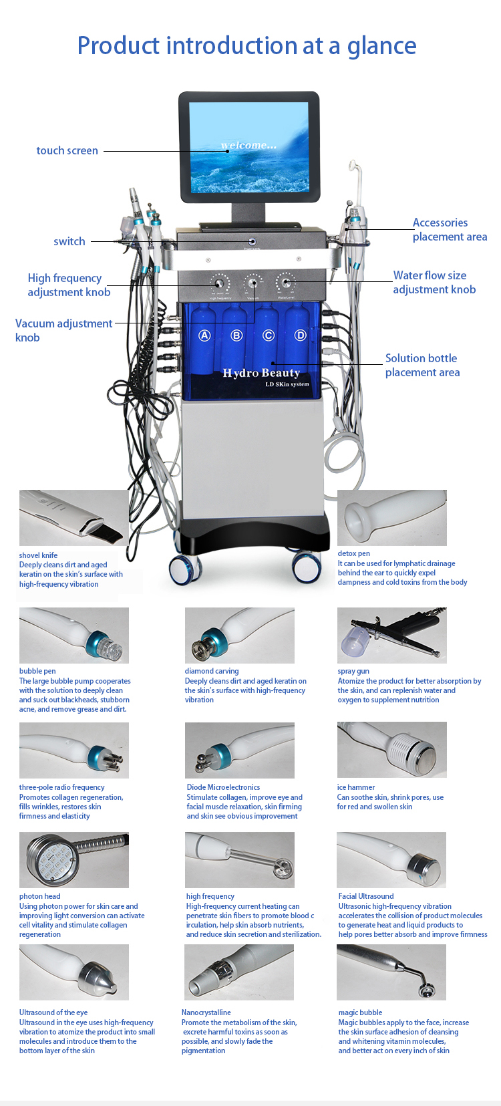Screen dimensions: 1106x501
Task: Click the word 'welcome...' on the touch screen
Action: pyautogui.click(x=248, y=145)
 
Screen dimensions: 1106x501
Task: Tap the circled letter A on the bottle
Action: pyautogui.click(x=204, y=335)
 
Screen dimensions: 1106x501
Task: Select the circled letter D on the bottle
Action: pyautogui.click(x=301, y=335)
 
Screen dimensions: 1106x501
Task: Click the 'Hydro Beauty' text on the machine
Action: pyautogui.click(x=261, y=373)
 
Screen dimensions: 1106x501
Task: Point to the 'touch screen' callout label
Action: pyautogui.click(x=67, y=151)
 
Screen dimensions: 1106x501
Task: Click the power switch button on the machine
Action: pyautogui.click(x=253, y=241)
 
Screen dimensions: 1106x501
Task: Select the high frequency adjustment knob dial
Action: pyautogui.click(x=219, y=283)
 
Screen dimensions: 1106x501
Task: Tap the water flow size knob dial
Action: pyautogui.click(x=286, y=283)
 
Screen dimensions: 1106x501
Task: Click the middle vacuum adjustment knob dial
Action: pyautogui.click(x=253, y=283)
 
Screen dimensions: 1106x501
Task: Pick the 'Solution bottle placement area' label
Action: pyautogui.click(x=422, y=366)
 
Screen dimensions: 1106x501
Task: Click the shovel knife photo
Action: pyautogui.click(x=73, y=518)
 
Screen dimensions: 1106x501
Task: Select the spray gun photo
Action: pyautogui.click(x=391, y=636)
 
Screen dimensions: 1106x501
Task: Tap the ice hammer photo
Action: pyautogui.click(x=391, y=750)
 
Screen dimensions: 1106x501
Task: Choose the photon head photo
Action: pyautogui.click(x=73, y=860)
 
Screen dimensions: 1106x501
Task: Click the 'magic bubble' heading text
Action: pyautogui.click(x=360, y=1012)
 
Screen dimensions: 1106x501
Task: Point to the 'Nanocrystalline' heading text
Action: pyautogui.click(x=206, y=1012)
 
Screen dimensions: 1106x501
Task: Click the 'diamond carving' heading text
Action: pyautogui.click(x=211, y=671)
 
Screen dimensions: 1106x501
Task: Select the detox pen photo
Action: pyautogui.click(x=391, y=518)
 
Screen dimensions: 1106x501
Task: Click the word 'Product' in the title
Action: pyautogui.click(x=119, y=46)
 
